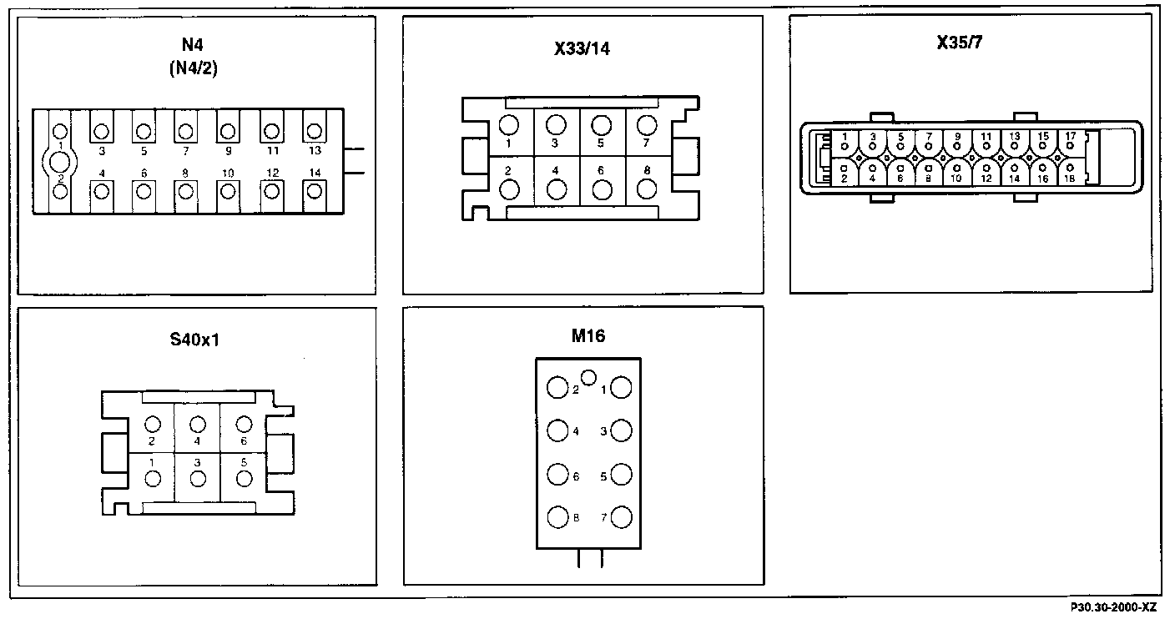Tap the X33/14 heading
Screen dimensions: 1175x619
tap(582, 48)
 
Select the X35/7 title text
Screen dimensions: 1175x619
tap(960, 43)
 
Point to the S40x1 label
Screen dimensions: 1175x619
tap(194, 340)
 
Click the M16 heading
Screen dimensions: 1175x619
tap(588, 336)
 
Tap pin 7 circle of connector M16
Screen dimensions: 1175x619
tap(622, 518)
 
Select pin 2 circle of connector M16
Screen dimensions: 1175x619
tap(557, 388)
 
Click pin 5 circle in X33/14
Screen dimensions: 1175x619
tap(600, 125)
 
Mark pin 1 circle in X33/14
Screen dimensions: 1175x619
tap(508, 125)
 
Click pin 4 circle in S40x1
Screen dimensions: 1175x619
tap(198, 424)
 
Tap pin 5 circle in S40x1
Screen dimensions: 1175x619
tap(243, 478)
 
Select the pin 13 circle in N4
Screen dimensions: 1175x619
tap(314, 131)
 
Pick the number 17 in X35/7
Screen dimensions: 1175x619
tap(1070, 134)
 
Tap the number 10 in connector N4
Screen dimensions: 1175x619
tap(227, 173)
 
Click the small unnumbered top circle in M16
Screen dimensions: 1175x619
tap(588, 378)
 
